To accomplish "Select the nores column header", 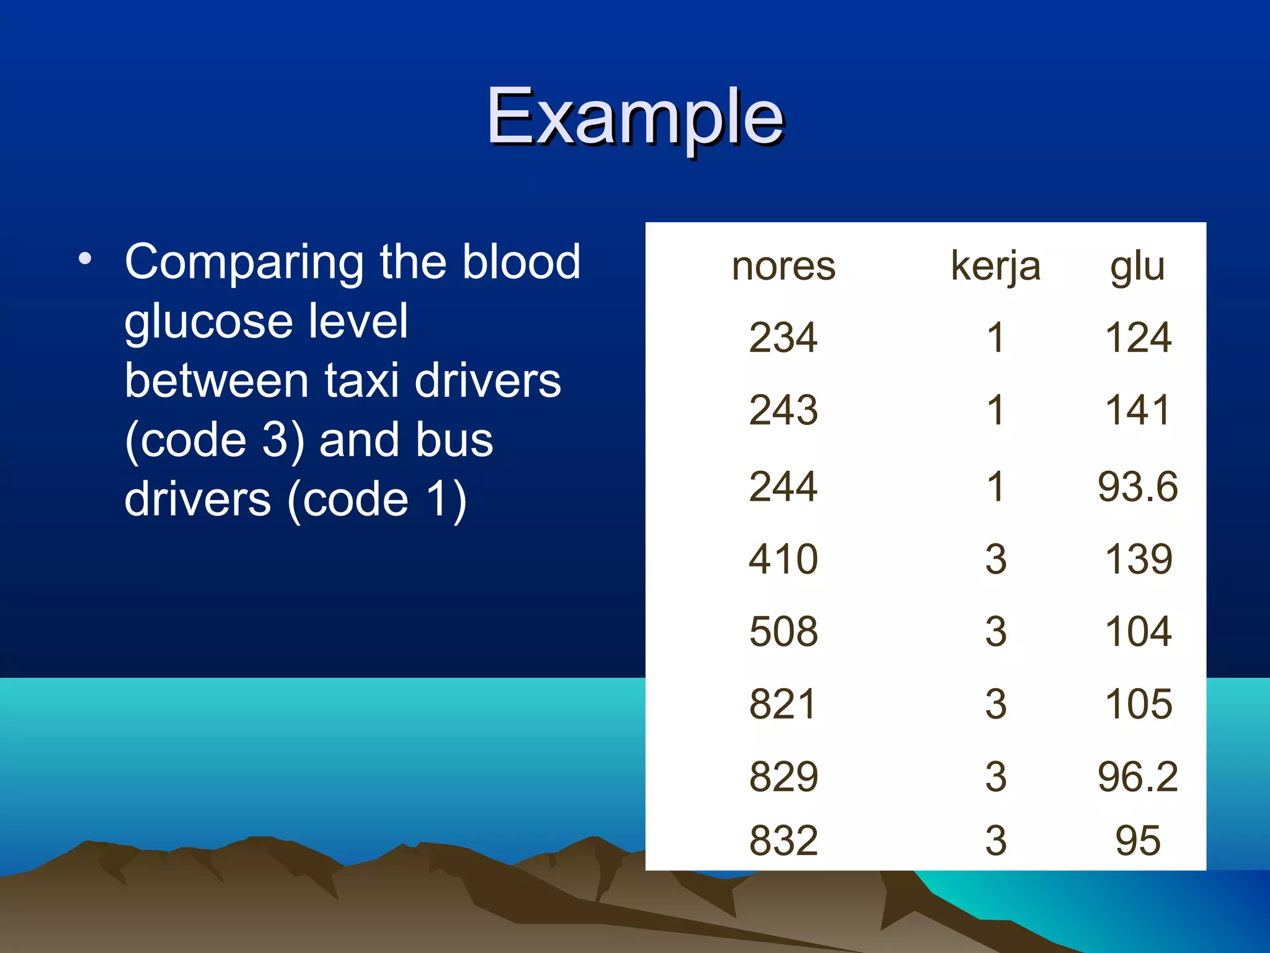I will click(x=783, y=266).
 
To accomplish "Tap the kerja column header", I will click(x=995, y=266).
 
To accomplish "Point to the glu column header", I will click(x=1137, y=266).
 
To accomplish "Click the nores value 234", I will click(x=783, y=338).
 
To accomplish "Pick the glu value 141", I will click(x=1137, y=410).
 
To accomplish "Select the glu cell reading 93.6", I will click(x=1137, y=486).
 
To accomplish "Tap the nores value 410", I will click(x=783, y=559).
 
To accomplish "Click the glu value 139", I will click(x=1138, y=559).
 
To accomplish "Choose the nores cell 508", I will click(x=783, y=632).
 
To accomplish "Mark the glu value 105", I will click(x=1138, y=704).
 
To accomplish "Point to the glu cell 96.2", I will click(x=1137, y=777).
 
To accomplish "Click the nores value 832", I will click(x=783, y=841).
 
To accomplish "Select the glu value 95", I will click(x=1137, y=841).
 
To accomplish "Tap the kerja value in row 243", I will click(x=995, y=410).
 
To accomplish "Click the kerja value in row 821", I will click(x=995, y=704).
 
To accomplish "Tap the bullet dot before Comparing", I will click(x=85, y=259).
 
